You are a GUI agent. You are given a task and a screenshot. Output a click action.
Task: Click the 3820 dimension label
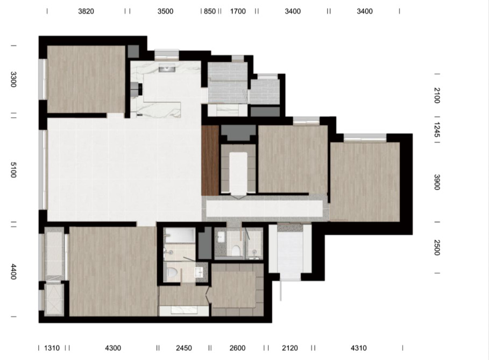pos(86,11)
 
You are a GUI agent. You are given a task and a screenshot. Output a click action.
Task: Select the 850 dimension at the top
pos(210,11)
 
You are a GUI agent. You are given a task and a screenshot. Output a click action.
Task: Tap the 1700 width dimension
pos(238,11)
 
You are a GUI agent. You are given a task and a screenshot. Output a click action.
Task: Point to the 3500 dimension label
pos(165,11)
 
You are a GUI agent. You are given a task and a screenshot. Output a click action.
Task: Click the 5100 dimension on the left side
pos(13,170)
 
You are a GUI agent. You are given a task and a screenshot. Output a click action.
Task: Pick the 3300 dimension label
pos(13,80)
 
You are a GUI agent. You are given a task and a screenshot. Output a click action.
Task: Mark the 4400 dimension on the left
pos(13,271)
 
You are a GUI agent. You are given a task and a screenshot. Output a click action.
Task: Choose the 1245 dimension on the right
pos(437,130)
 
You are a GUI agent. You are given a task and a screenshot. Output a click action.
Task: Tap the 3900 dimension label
pos(437,182)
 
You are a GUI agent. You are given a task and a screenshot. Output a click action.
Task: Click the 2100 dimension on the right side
pos(437,95)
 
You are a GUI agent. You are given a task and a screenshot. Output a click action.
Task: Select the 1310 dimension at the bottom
pos(52,348)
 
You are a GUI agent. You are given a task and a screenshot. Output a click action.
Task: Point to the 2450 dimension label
pos(184,348)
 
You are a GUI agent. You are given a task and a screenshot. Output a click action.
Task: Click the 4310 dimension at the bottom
pos(359,348)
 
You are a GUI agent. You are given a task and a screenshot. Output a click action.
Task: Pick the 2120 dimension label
pos(290,348)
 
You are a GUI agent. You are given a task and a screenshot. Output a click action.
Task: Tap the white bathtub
pos(180,235)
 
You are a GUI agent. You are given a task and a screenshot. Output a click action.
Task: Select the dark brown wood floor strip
pos(210,160)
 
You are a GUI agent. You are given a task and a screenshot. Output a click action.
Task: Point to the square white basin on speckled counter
pos(199,272)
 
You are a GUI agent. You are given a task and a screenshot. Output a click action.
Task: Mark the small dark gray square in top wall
pos(133,52)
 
